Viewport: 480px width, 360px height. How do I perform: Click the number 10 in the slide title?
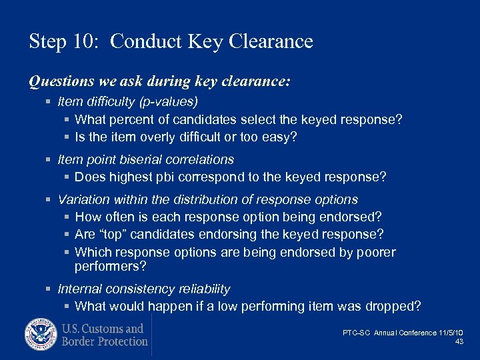(x=87, y=42)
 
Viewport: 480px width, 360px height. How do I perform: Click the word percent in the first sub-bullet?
(x=136, y=119)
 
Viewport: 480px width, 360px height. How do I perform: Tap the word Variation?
(x=84, y=199)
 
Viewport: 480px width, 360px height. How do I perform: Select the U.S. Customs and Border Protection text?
(x=104, y=335)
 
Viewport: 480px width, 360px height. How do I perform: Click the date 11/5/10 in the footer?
(x=452, y=333)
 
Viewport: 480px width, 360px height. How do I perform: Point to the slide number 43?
(x=459, y=341)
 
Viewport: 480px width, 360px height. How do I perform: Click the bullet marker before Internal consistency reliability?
(x=49, y=289)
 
